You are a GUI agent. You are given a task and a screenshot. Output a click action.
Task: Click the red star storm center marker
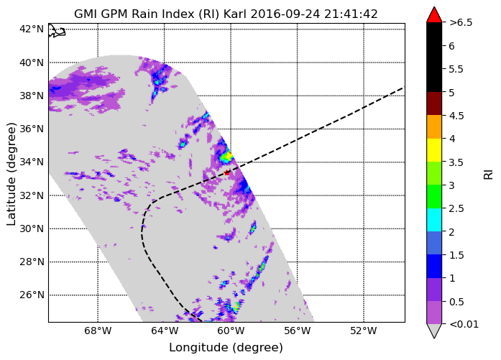(227, 172)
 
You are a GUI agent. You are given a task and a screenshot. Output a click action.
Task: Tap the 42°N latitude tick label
(32, 29)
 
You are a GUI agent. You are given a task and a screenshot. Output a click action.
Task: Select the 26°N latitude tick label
(32, 295)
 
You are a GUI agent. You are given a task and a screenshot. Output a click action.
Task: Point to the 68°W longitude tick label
(98, 331)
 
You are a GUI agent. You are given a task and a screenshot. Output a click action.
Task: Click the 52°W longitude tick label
(364, 331)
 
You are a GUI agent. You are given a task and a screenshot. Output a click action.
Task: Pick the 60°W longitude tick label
(231, 331)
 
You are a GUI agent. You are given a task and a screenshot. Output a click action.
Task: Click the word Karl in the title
(234, 14)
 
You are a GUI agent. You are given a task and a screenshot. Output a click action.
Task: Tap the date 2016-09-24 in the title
(285, 14)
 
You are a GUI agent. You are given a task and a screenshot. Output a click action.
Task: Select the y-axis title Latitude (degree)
(11, 174)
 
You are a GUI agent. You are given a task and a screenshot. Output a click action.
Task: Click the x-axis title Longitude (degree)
(226, 348)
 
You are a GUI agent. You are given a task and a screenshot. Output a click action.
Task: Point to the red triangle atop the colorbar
(434, 14)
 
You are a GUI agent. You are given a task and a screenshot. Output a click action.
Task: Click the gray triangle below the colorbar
(434, 331)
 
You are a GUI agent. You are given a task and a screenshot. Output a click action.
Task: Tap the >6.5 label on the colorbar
(461, 23)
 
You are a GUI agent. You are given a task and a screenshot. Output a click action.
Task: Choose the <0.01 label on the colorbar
(464, 325)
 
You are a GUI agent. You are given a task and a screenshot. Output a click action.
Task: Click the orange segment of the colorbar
(434, 126)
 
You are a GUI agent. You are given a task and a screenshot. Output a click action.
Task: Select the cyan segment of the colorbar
(434, 220)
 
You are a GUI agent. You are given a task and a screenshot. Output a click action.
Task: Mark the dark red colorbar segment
(434, 103)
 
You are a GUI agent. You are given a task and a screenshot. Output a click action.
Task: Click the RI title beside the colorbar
(489, 175)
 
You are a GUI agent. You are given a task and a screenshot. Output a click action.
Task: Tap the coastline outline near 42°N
(57, 31)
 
